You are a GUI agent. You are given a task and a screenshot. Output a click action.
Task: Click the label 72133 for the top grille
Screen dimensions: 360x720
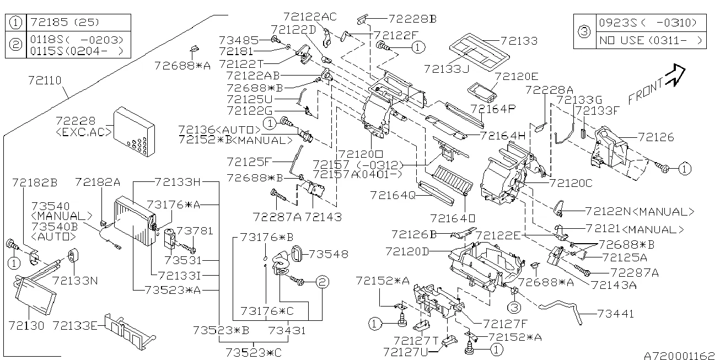click(519, 41)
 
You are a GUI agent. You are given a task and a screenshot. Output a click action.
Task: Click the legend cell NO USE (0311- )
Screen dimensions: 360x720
click(651, 40)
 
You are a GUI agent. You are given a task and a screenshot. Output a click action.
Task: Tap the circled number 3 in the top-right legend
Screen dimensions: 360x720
click(584, 31)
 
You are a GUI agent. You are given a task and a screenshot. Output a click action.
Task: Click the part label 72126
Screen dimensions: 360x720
click(656, 137)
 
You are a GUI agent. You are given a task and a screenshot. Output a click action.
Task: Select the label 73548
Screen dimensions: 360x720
click(329, 254)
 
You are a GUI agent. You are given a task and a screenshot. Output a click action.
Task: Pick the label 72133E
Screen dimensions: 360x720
click(76, 325)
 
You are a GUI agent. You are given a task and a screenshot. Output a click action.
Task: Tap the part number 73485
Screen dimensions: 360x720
click(238, 40)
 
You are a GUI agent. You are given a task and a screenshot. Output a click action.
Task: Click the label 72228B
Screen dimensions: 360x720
click(412, 18)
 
